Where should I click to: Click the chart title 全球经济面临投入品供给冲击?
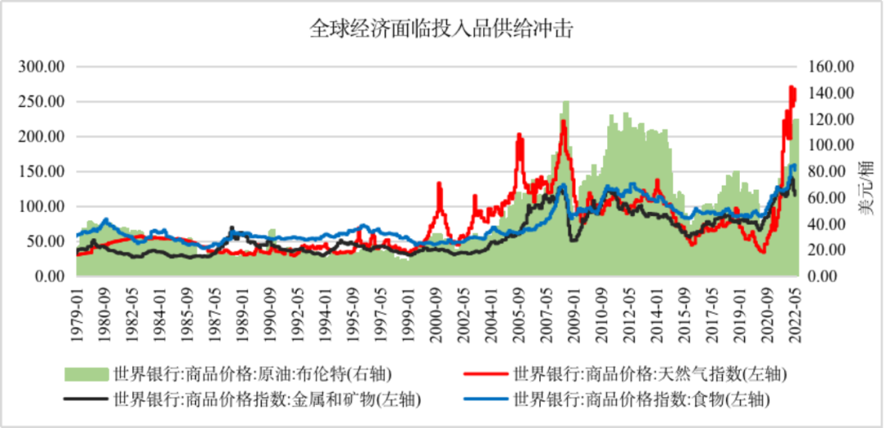(x=442, y=30)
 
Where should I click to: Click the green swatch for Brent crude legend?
(x=87, y=375)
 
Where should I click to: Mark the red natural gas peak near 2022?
(x=792, y=86)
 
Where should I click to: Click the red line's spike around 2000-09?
(x=439, y=183)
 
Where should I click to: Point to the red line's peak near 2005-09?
(x=518, y=134)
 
